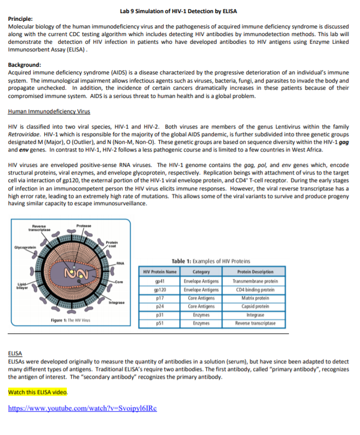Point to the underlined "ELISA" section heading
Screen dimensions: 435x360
click(15, 354)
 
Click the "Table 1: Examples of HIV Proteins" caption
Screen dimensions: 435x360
click(211, 261)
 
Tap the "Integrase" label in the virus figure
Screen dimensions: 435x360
click(117, 302)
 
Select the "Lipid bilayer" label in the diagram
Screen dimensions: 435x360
click(20, 284)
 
